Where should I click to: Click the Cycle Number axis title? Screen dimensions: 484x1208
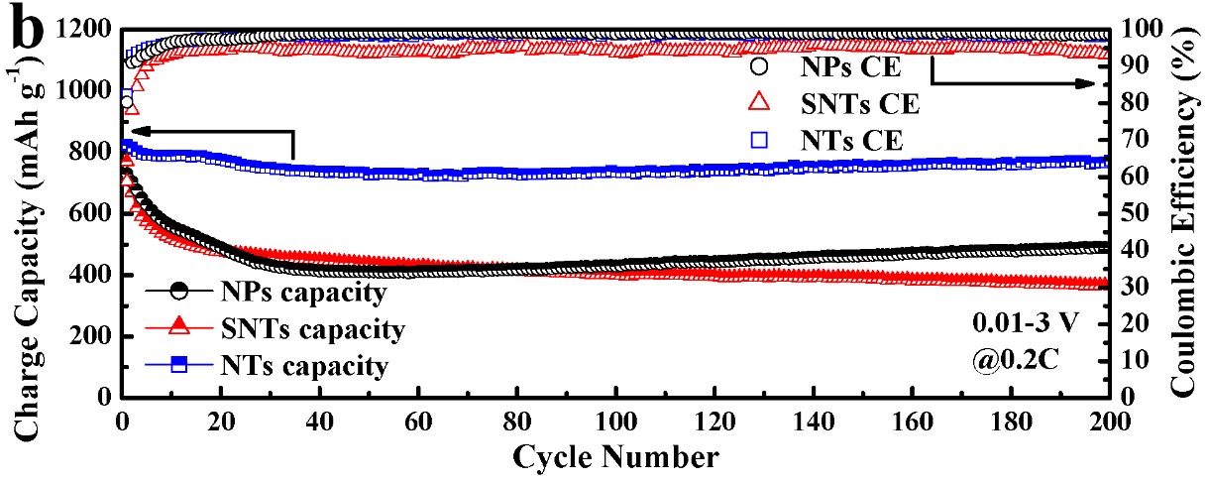click(616, 457)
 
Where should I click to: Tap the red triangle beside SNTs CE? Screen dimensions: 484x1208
click(759, 103)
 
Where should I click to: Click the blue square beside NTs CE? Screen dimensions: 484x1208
click(759, 140)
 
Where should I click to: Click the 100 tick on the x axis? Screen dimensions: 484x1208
click(616, 419)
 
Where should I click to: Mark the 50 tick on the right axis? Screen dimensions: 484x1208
click(1130, 214)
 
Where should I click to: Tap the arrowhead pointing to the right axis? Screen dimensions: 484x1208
click(1100, 85)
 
